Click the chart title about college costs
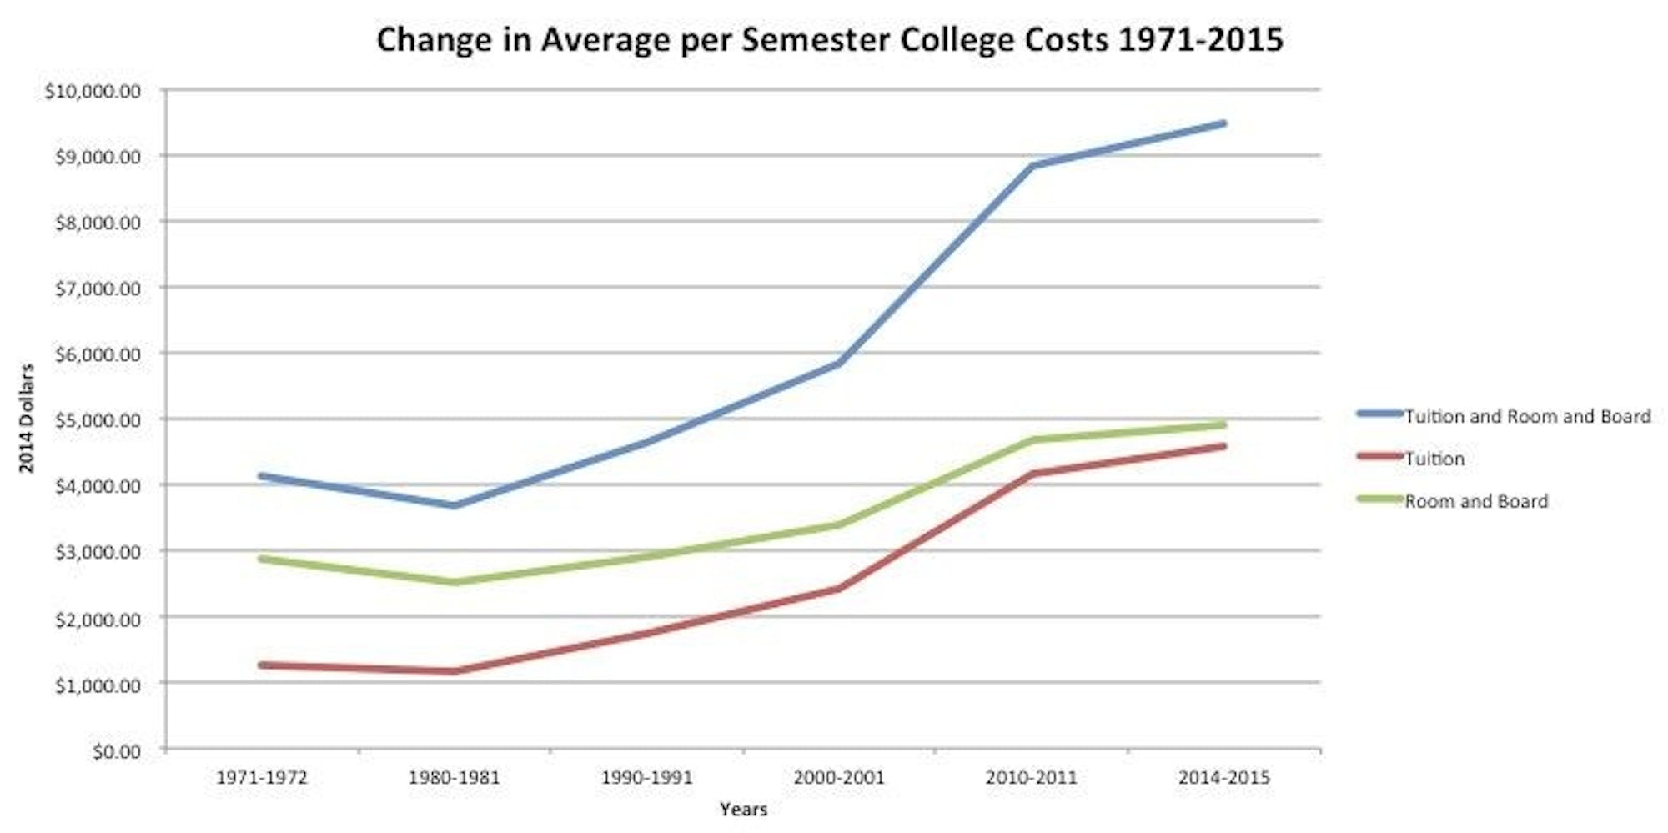tap(829, 39)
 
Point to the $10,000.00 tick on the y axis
tap(93, 91)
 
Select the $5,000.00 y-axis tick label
tap(98, 420)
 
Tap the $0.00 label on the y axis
tap(116, 752)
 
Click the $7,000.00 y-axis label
tap(98, 289)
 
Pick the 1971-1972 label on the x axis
tap(262, 778)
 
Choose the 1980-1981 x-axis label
tap(454, 778)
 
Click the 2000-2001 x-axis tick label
tap(839, 778)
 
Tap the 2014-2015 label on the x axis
tap(1223, 778)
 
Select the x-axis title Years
tap(743, 809)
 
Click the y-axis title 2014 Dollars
tap(27, 419)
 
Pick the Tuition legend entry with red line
tap(1434, 459)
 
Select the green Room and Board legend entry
tap(1475, 501)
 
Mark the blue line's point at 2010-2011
tap(1032, 165)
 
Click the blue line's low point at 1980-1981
tap(455, 505)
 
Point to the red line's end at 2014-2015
tap(1223, 446)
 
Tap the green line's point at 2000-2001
tap(839, 524)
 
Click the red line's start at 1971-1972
tap(262, 665)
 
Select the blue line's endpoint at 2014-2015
tap(1223, 123)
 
